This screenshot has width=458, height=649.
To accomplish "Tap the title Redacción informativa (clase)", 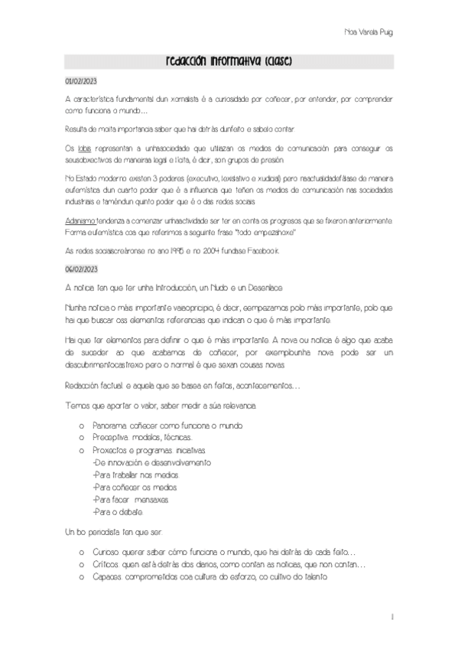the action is pos(229,61).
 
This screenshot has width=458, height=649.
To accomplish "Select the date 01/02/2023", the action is pos(80,80).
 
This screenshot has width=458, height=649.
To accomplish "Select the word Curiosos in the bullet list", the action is pos(108,551).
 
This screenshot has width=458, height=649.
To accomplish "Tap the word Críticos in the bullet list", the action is pos(106,564).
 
